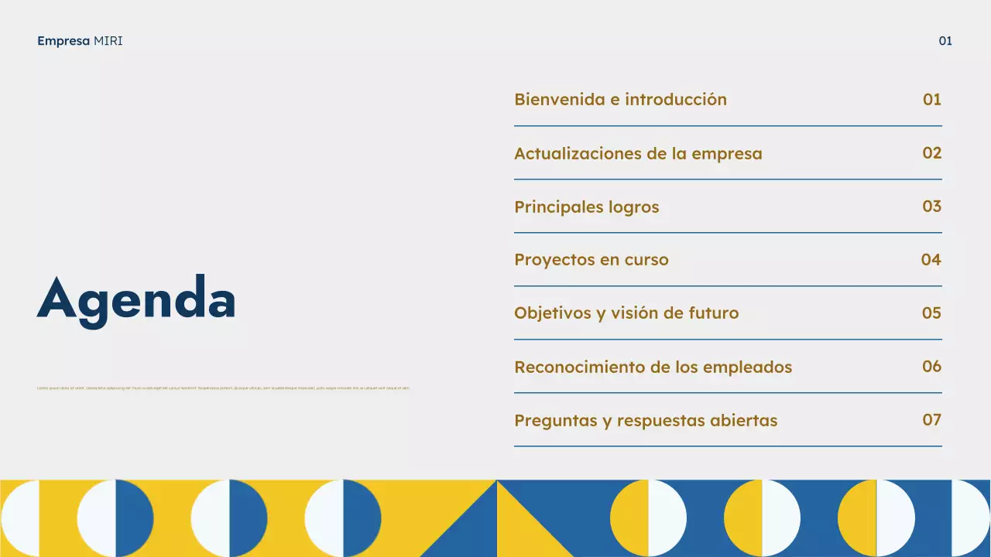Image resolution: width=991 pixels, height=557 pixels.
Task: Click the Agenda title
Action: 136,299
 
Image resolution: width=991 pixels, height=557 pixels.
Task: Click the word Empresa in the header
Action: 63,41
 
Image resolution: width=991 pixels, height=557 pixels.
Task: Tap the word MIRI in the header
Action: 108,41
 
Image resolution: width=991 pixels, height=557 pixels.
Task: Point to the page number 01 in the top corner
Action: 945,41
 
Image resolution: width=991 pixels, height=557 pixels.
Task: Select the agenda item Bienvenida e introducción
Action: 620,100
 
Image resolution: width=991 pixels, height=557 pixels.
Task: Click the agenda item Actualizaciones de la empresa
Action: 638,154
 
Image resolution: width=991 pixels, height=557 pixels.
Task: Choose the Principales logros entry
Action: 586,207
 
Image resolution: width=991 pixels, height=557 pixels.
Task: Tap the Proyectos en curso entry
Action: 591,260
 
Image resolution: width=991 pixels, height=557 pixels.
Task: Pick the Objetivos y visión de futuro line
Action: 626,313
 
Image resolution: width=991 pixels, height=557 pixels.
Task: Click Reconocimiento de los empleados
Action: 653,367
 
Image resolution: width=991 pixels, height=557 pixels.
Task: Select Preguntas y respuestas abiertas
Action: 646,421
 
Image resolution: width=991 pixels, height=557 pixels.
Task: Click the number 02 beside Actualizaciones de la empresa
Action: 932,153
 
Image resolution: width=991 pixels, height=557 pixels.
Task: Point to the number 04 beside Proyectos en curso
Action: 931,260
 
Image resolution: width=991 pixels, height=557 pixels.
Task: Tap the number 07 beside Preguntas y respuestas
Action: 932,420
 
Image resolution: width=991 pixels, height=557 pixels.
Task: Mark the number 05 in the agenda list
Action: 932,313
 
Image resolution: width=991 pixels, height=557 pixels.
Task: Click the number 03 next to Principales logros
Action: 932,207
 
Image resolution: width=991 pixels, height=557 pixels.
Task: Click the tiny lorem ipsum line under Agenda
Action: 223,388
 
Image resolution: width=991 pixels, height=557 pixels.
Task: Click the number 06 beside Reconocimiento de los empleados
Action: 932,367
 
